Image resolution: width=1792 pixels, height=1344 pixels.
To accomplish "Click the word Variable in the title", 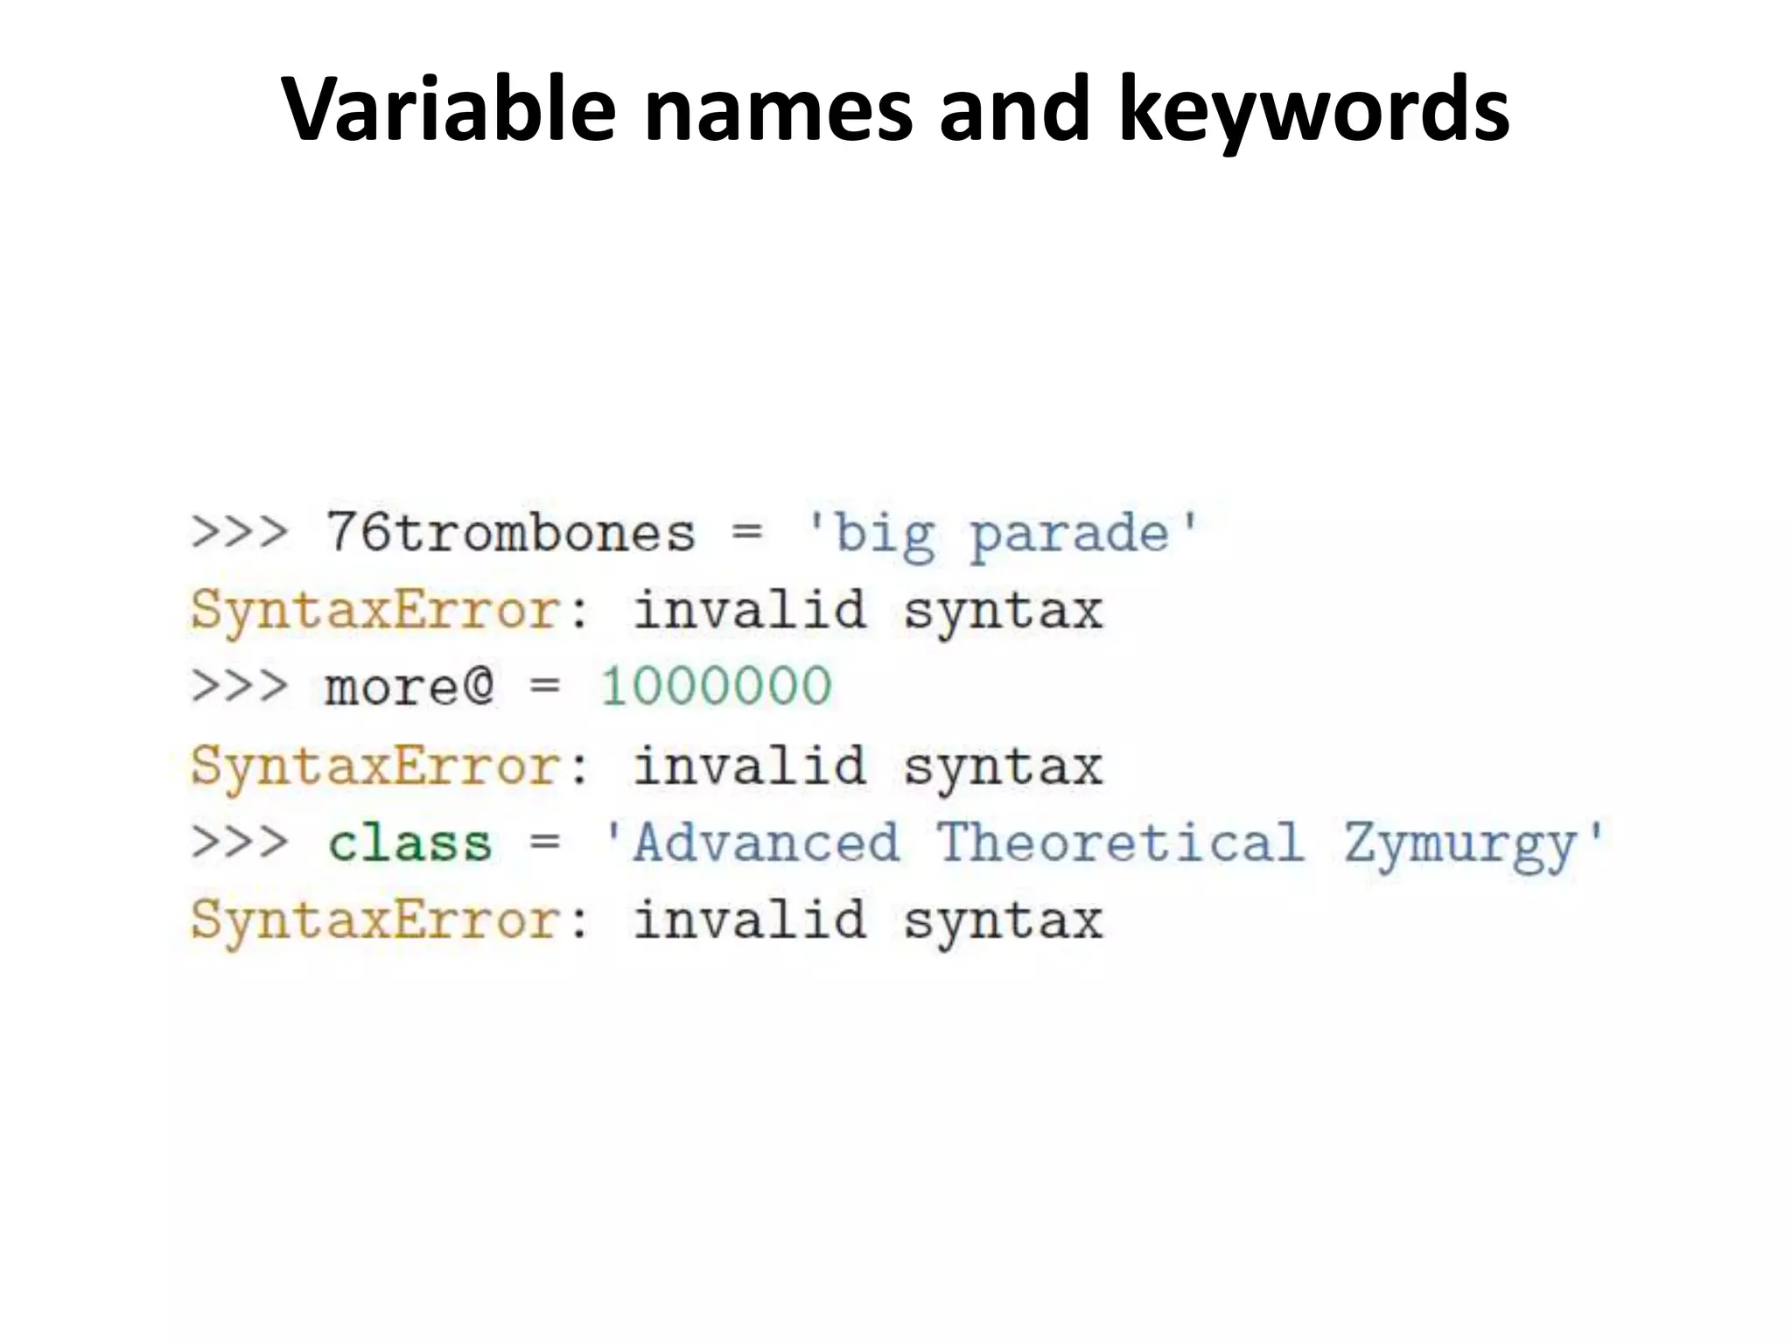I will tap(449, 109).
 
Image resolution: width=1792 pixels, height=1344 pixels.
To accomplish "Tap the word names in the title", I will tap(779, 109).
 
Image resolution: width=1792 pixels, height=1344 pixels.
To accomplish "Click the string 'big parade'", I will tap(1002, 534).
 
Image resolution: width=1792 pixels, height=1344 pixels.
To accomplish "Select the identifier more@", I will tap(409, 686).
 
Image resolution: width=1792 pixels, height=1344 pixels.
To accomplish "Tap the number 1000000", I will tap(716, 686).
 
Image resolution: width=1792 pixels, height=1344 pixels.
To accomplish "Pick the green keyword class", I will tap(409, 843).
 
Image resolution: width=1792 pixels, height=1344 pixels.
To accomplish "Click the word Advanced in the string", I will tap(766, 843).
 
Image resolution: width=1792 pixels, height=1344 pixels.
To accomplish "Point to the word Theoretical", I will tap(1120, 843).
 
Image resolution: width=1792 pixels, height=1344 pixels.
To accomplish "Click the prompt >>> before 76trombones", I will tap(239, 532).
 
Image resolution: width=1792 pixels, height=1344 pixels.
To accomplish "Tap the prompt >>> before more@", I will tap(239, 686).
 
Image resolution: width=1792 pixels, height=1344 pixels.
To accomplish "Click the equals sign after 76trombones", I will tap(746, 532).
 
